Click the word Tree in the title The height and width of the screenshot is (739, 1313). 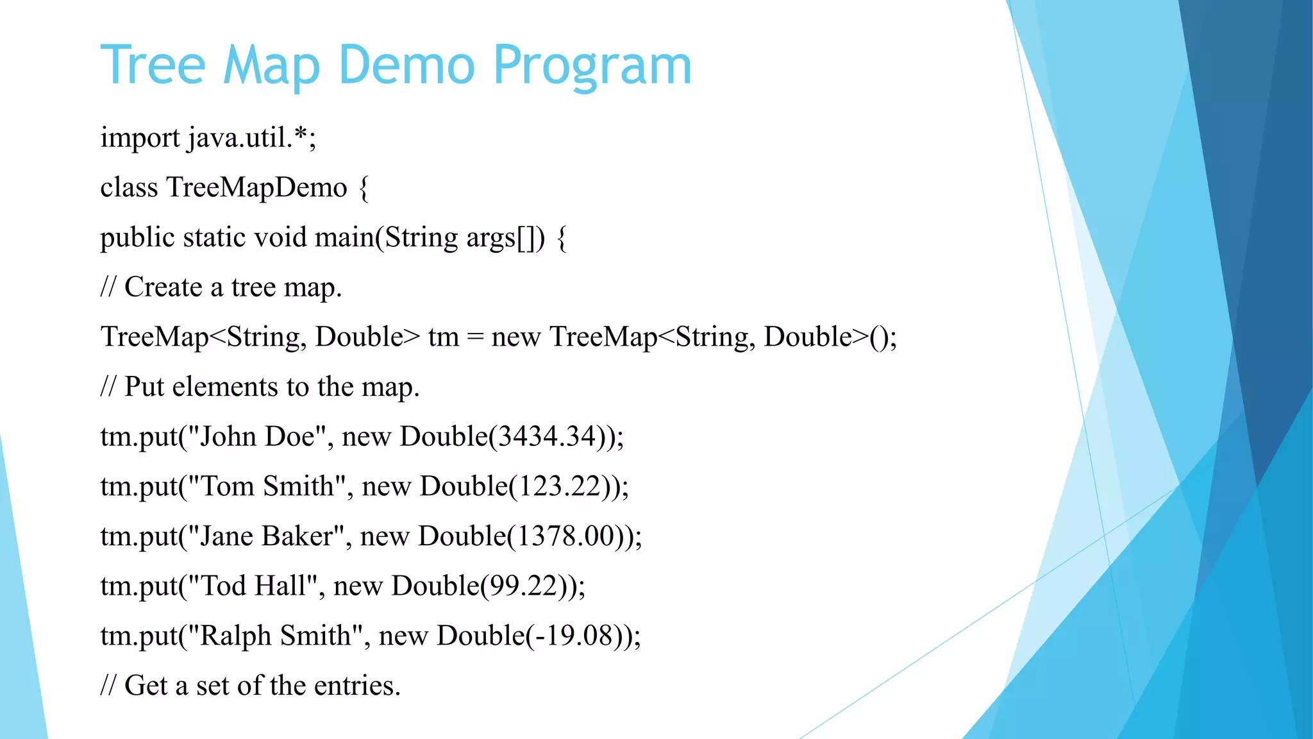tap(153, 65)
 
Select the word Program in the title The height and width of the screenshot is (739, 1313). tap(592, 67)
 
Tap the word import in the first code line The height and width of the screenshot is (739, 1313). tap(140, 139)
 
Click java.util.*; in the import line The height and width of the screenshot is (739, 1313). tap(253, 138)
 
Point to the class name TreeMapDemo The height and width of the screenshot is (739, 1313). tap(256, 188)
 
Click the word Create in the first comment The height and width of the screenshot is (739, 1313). tap(163, 287)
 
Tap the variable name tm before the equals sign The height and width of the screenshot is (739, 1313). tap(444, 337)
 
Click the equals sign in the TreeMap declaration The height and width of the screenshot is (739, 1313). tap(475, 337)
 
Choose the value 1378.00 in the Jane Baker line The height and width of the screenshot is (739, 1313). tap(565, 536)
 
